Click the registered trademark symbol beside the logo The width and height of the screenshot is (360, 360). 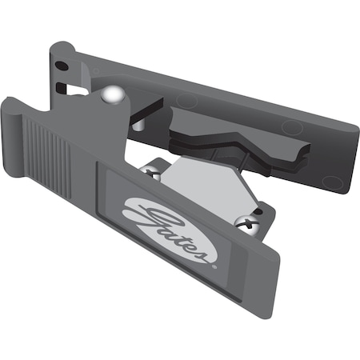[212, 261]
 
